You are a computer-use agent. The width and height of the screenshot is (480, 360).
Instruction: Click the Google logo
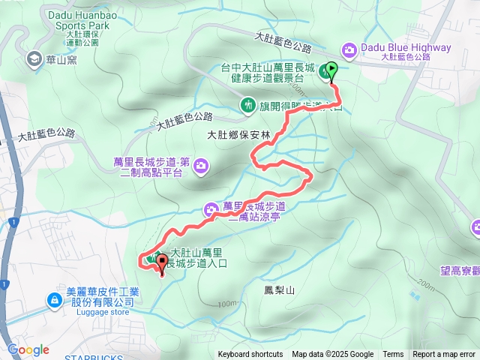pyautogui.click(x=28, y=349)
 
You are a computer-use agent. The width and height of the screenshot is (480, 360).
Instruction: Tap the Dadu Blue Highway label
pyautogui.click(x=406, y=48)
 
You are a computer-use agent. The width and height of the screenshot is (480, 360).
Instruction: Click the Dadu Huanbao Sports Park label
pyautogui.click(x=78, y=19)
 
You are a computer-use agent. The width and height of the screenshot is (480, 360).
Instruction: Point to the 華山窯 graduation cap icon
pyautogui.click(x=34, y=58)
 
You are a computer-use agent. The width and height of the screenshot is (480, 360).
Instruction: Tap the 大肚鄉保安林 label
pyautogui.click(x=237, y=135)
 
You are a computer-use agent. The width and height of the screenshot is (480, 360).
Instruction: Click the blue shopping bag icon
pyautogui.click(x=54, y=300)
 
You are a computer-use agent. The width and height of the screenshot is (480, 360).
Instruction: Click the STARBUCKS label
pyautogui.click(x=94, y=358)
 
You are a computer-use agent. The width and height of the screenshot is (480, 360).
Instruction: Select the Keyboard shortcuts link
pyautogui.click(x=250, y=355)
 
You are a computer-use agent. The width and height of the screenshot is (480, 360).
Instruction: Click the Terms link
pyautogui.click(x=393, y=355)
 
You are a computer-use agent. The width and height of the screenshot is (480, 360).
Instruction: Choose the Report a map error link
pyautogui.click(x=445, y=355)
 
